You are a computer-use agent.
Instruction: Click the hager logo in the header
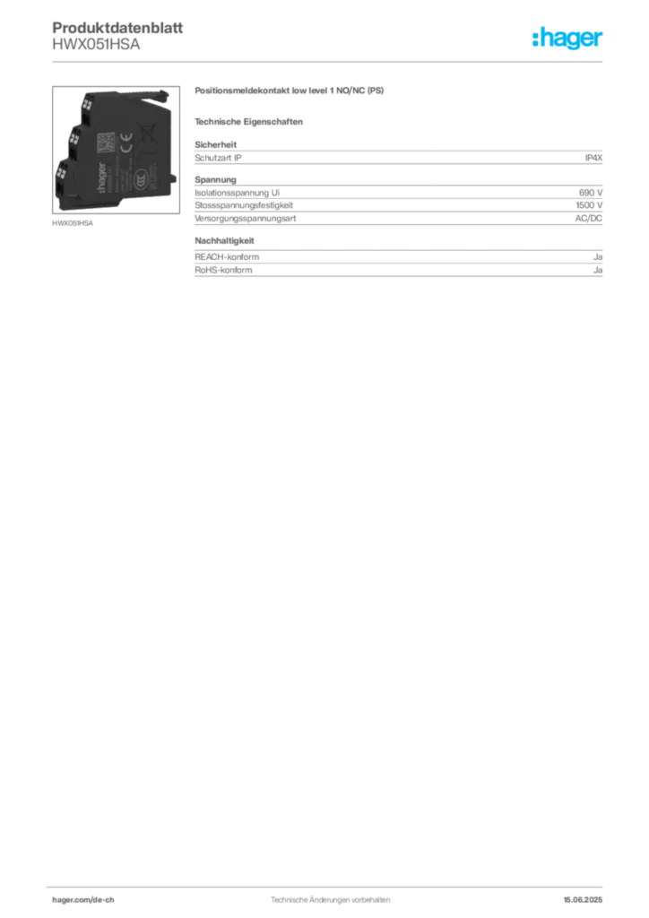point(567,38)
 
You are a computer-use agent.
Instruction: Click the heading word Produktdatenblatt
point(117,28)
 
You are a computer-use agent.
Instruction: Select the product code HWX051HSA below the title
point(96,45)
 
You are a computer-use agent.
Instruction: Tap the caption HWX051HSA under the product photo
point(73,223)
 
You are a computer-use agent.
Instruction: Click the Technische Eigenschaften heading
point(248,122)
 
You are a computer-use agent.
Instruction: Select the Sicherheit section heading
point(216,144)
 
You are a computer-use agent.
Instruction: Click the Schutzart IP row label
point(219,158)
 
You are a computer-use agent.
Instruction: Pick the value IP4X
point(593,158)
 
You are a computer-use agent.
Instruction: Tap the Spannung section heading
point(215,179)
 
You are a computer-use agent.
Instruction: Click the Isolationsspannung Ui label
point(237,193)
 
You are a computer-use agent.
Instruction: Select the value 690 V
point(591,193)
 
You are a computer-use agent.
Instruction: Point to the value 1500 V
point(589,205)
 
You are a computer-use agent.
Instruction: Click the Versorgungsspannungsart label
point(246,219)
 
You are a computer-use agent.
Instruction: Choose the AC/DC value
point(589,219)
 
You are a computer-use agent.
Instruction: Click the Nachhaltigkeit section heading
point(224,240)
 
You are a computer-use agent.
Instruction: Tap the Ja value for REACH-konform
point(598,257)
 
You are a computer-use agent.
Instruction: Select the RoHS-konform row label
point(223,270)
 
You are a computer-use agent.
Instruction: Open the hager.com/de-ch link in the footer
point(83,900)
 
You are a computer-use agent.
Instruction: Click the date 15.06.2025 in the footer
point(583,900)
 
